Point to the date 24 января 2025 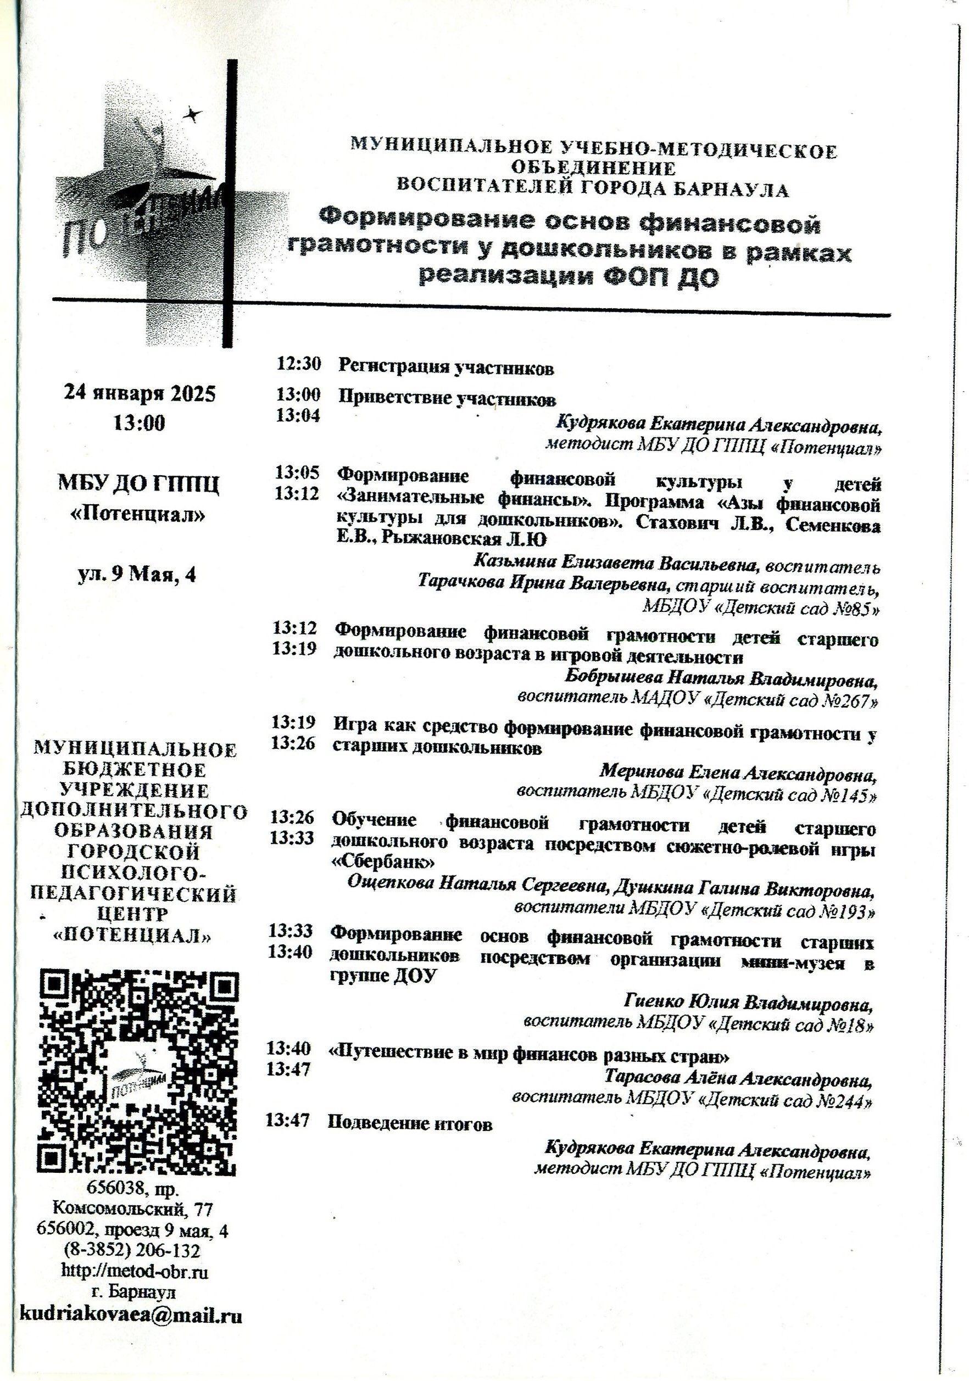tap(140, 394)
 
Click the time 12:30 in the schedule tap(298, 364)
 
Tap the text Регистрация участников tap(445, 367)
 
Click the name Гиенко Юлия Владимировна tap(748, 1003)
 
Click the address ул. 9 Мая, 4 tap(137, 575)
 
